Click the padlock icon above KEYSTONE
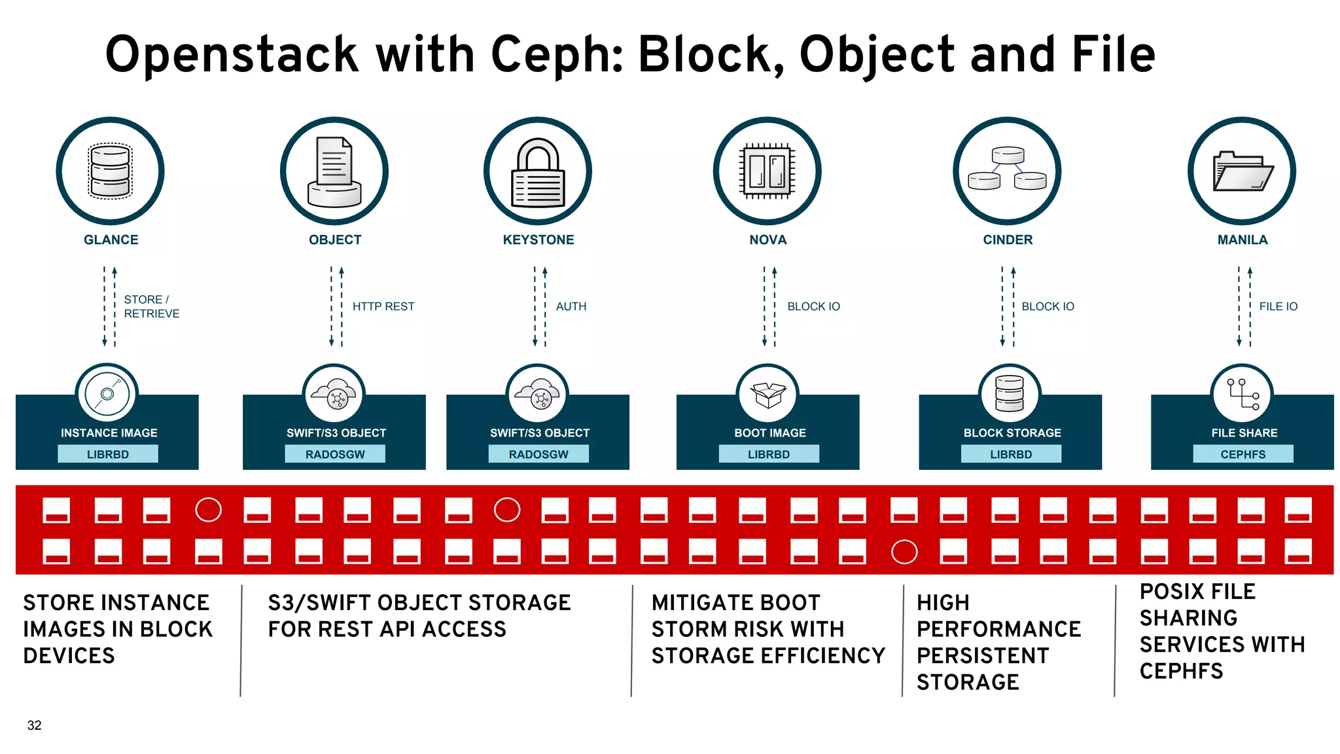click(538, 171)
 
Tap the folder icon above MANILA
click(1242, 171)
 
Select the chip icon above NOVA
click(767, 171)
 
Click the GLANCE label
click(111, 240)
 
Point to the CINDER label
click(1008, 240)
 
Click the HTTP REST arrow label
click(383, 306)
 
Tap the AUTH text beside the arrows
click(571, 306)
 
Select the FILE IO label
click(1278, 306)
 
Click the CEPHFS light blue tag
click(1243, 454)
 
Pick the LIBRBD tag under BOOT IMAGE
click(769, 454)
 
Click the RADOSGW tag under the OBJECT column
click(335, 454)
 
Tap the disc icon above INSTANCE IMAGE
click(107, 394)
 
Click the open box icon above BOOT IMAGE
click(767, 395)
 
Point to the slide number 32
click(34, 725)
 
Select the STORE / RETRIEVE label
click(151, 306)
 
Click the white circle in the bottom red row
click(904, 552)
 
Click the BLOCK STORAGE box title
click(1012, 433)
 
